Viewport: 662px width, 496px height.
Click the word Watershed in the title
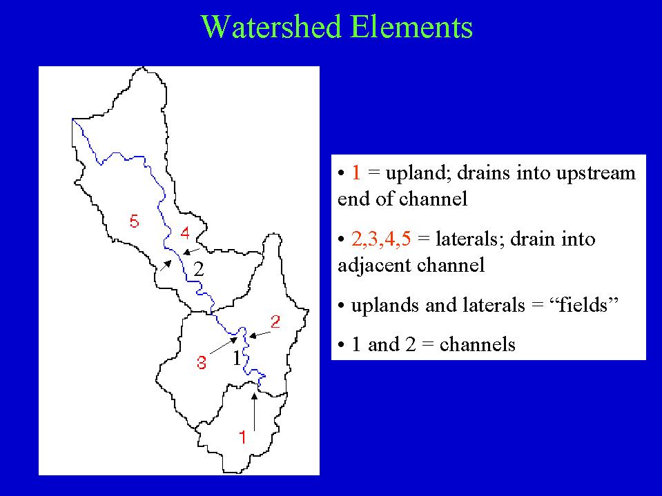coord(271,27)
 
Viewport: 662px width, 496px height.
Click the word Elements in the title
coord(411,27)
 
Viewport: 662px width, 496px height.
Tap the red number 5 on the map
coord(134,221)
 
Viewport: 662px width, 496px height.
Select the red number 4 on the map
coord(185,232)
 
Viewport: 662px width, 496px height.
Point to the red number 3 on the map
coord(202,362)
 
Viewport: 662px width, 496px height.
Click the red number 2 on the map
coord(275,321)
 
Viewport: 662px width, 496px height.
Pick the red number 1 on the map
coord(243,437)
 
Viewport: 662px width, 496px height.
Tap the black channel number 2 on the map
coord(198,269)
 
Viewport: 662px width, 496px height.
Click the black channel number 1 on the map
coord(237,358)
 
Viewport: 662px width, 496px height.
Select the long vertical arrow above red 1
coord(254,412)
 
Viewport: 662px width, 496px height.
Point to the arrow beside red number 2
coord(260,335)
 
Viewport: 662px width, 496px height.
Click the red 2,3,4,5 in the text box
coord(381,239)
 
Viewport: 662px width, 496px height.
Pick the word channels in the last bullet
coord(478,345)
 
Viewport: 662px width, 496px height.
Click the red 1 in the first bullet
coord(356,173)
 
